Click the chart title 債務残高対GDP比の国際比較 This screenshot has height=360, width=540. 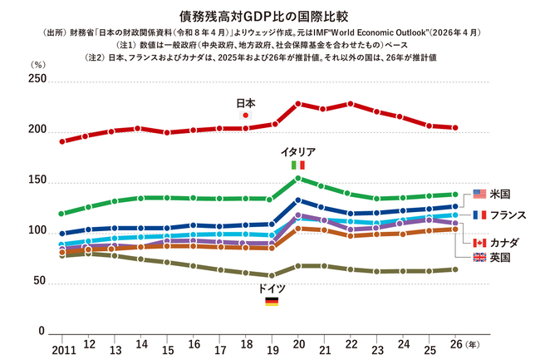[x=264, y=16]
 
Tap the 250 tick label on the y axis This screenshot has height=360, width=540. [x=37, y=78]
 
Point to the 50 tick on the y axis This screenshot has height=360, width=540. [x=40, y=281]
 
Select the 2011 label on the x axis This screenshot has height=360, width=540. [x=64, y=350]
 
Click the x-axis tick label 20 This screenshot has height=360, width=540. [x=298, y=344]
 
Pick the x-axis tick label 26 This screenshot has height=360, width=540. [x=456, y=344]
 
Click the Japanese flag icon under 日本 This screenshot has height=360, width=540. [x=246, y=115]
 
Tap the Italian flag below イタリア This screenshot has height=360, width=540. [x=298, y=165]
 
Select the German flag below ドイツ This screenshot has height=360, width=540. [x=272, y=302]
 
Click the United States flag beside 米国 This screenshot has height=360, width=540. [x=479, y=194]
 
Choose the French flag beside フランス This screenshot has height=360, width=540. [x=479, y=215]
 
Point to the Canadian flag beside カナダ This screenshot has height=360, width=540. [x=479, y=243]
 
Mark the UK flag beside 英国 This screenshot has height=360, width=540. [x=479, y=257]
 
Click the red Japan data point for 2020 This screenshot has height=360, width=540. [x=298, y=104]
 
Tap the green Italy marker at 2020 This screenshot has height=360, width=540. [x=298, y=179]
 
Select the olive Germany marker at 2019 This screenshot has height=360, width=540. [x=272, y=275]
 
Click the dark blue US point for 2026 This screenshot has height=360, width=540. [x=455, y=206]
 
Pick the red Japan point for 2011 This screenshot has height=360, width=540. [x=62, y=141]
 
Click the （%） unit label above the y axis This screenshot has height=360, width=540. [x=38, y=64]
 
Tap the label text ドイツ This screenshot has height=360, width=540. [x=272, y=288]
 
